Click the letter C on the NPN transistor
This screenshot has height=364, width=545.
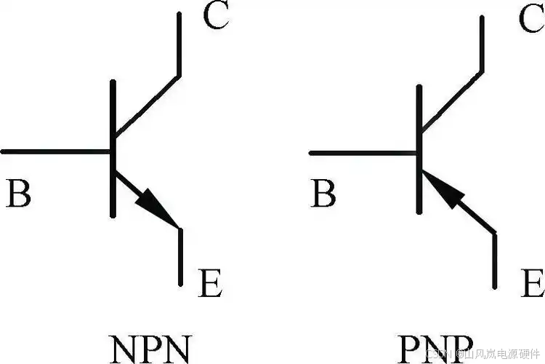216,16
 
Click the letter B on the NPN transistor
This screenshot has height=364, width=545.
19,195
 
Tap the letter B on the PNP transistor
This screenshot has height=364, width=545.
324,195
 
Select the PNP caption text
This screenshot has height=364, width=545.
437,348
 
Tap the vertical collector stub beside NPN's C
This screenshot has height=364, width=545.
179,44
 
